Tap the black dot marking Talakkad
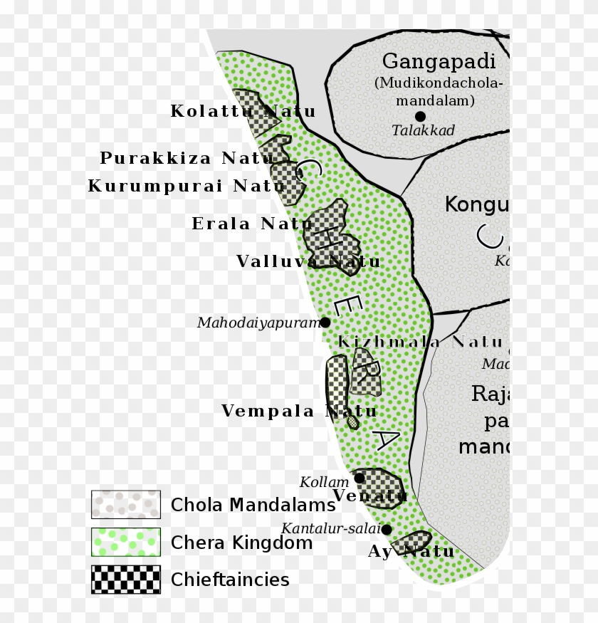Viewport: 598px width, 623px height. tap(420, 116)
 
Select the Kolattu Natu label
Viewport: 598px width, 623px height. tap(243, 112)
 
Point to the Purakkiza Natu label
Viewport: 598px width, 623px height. tap(187, 158)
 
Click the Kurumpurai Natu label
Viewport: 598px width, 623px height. tap(186, 187)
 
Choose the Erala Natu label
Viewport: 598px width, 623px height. tap(252, 224)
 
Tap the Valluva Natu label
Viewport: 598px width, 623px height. tap(308, 262)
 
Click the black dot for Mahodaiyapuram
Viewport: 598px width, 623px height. tap(325, 323)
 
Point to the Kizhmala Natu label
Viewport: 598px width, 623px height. tap(420, 342)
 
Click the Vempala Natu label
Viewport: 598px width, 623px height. tap(299, 412)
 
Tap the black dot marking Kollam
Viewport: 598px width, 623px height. tap(360, 478)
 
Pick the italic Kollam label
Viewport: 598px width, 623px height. tap(324, 483)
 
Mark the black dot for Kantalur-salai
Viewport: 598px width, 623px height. tap(387, 530)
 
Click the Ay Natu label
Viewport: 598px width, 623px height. tap(411, 552)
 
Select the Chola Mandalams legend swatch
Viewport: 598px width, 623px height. tap(126, 504)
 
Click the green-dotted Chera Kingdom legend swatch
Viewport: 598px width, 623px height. tap(126, 542)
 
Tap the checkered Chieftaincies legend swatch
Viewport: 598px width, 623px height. tap(126, 580)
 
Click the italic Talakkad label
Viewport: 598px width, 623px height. tap(423, 130)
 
